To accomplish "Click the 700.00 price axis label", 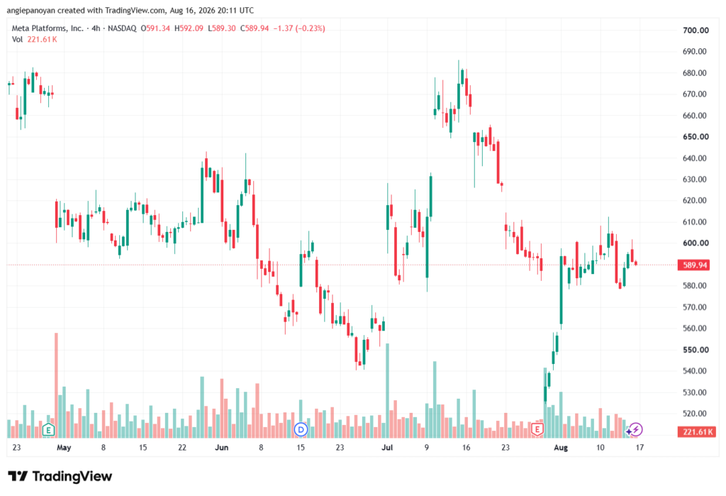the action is (x=696, y=31).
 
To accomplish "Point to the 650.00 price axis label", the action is (x=696, y=137).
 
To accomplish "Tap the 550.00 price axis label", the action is (x=696, y=350).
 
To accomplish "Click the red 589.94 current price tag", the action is (x=696, y=265).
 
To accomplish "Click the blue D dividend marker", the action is (x=301, y=430).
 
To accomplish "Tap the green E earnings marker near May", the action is (x=48, y=430).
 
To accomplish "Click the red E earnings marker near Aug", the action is (x=537, y=430).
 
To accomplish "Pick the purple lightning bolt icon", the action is (x=636, y=430).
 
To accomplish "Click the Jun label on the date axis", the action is (x=222, y=448).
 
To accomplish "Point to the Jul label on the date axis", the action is (x=387, y=448).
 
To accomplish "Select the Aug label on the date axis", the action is (x=561, y=448).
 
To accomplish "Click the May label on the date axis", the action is (x=64, y=448).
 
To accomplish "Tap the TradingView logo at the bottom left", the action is (x=60, y=477).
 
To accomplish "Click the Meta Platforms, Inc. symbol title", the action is (x=48, y=29).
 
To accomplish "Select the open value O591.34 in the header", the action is (x=155, y=29).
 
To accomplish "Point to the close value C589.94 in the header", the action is (x=255, y=29).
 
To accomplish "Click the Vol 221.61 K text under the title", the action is (x=34, y=40).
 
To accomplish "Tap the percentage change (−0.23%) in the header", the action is (x=311, y=29).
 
